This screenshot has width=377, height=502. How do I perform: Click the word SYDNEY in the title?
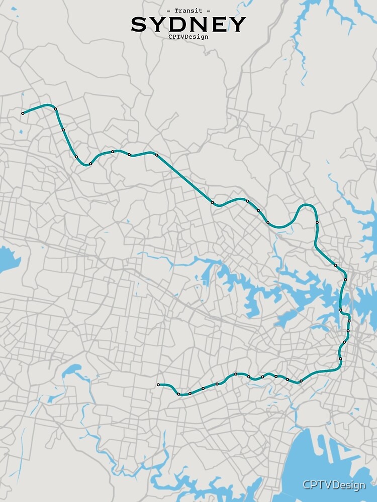pos(189,24)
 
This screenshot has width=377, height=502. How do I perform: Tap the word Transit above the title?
pos(189,11)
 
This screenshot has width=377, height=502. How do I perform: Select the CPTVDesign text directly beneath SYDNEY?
pos(189,36)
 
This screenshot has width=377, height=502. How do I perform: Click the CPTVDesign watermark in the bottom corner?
pos(333,485)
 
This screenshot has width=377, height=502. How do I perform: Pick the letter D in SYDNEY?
pos(178,24)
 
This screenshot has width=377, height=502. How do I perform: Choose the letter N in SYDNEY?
pos(199,24)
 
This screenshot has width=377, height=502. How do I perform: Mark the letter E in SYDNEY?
pos(218,24)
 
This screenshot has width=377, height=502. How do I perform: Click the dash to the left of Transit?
pos(168,11)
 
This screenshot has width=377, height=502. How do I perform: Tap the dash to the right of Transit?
pos(208,11)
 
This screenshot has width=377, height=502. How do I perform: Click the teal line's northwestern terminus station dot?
pos(23,113)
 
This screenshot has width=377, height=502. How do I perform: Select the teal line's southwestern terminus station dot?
pos(158,385)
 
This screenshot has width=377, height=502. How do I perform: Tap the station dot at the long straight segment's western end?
pos(157,155)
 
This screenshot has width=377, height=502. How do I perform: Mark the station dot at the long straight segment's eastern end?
pos(213,203)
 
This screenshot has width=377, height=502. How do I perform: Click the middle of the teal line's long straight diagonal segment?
pos(184,179)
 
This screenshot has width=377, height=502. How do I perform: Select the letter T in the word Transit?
pos(176,11)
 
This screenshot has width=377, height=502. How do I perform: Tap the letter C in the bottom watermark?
pos(306,485)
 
